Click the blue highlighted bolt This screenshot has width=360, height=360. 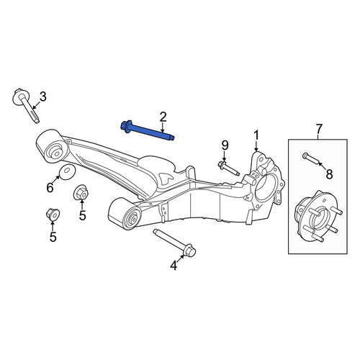click(147, 131)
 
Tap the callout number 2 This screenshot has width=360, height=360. click(163, 117)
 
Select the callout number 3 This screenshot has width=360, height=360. click(42, 97)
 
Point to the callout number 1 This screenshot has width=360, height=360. click(256, 135)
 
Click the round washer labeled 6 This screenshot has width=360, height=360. click(67, 172)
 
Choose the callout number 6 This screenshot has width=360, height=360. click(50, 187)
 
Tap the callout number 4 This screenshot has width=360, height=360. click(174, 266)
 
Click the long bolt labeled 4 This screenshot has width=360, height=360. click(174, 242)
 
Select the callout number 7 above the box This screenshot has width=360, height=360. click(319, 129)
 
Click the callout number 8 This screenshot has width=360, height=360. click(329, 174)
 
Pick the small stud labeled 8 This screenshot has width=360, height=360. click(310, 158)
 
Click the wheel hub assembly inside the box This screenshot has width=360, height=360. click(318, 216)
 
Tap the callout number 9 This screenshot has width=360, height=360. click(225, 145)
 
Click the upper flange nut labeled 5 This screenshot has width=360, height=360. click(81, 193)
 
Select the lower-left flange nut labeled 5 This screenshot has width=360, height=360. click(53, 214)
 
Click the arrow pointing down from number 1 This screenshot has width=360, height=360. click(256, 146)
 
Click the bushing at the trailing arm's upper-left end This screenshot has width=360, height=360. click(51, 147)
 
